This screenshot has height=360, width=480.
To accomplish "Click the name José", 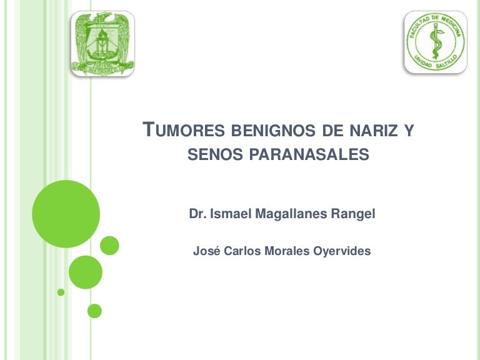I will point(205,251).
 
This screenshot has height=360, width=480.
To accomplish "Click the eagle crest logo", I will point(102,43).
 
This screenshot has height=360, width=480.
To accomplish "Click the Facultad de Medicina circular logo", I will point(435,42).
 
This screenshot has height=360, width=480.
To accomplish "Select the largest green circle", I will point(66,214).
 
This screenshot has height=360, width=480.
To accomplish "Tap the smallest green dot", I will point(61,292).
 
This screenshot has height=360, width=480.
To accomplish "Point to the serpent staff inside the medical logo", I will point(435,42).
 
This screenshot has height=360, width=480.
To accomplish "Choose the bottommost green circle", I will point(94,311).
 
